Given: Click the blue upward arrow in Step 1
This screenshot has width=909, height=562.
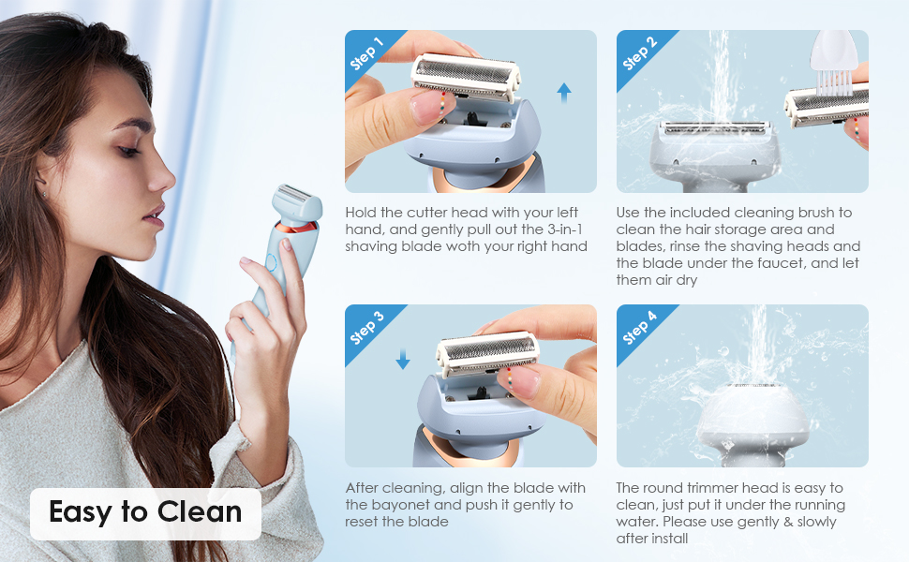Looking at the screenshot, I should coord(563,91).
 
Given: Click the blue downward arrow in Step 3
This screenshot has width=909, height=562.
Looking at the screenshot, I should coord(403,359).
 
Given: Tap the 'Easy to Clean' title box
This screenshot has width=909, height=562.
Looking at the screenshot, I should coord(145,512).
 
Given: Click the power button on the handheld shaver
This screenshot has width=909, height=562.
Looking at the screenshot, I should coord(272,264).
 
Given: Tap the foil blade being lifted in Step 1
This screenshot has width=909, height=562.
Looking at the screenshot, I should coord(464,77).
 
